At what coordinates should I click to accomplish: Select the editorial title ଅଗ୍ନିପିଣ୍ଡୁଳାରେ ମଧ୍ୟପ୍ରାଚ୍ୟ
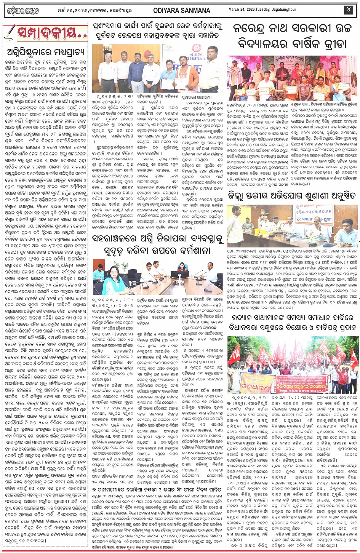[46, 52]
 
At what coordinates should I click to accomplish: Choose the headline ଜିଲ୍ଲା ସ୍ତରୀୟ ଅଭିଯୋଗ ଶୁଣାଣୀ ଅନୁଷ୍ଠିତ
[293, 197]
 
